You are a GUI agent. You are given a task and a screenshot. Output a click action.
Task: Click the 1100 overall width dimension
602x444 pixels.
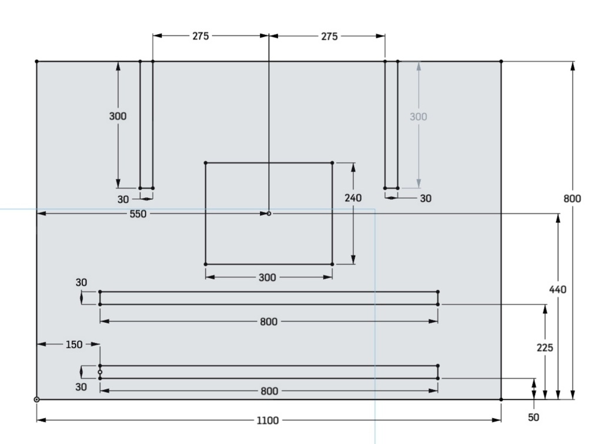pyautogui.click(x=267, y=420)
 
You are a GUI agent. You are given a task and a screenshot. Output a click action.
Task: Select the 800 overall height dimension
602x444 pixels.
pyautogui.click(x=572, y=199)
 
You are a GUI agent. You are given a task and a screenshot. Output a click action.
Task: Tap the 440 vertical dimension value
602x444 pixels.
pyautogui.click(x=557, y=289)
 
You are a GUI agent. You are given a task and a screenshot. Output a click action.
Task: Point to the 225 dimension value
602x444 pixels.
pyautogui.click(x=545, y=348)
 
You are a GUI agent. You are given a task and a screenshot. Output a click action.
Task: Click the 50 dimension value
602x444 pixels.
pyautogui.click(x=534, y=417)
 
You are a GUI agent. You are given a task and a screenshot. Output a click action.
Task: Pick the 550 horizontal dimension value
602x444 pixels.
pyautogui.click(x=138, y=214)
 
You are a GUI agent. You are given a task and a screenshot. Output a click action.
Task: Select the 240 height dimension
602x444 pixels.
pyautogui.click(x=353, y=198)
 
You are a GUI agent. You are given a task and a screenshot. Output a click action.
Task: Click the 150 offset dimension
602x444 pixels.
pyautogui.click(x=74, y=344)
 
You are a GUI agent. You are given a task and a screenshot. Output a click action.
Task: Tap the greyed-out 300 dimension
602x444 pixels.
pyautogui.click(x=418, y=116)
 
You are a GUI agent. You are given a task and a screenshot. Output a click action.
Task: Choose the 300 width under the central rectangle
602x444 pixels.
pyautogui.click(x=267, y=278)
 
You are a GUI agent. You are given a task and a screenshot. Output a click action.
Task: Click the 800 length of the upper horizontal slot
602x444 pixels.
pyautogui.click(x=268, y=322)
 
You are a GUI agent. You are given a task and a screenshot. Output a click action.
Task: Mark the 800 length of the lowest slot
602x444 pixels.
pyautogui.click(x=269, y=391)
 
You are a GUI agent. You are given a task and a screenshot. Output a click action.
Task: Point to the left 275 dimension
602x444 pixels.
pyautogui.click(x=200, y=36)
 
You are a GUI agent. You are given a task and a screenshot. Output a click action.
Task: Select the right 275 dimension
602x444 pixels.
pyautogui.click(x=329, y=36)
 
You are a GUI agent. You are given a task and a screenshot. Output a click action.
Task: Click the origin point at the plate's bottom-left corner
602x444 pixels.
pyautogui.click(x=36, y=399)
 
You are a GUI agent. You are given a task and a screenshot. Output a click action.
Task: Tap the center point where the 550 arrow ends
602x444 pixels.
pyautogui.click(x=269, y=213)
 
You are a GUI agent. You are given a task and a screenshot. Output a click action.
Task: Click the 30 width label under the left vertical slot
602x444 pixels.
pyautogui.click(x=123, y=200)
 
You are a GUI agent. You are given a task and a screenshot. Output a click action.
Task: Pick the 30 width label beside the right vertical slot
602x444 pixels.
pyautogui.click(x=426, y=199)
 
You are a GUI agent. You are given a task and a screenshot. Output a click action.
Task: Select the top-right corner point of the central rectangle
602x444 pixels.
pyautogui.click(x=332, y=163)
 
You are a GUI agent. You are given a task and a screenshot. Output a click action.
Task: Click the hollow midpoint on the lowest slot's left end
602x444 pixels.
pyautogui.click(x=100, y=372)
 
